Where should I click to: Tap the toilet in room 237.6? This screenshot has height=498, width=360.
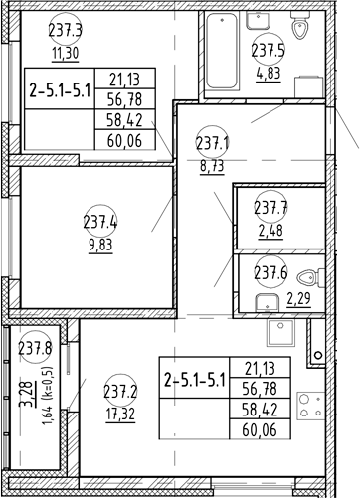point(315,277)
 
